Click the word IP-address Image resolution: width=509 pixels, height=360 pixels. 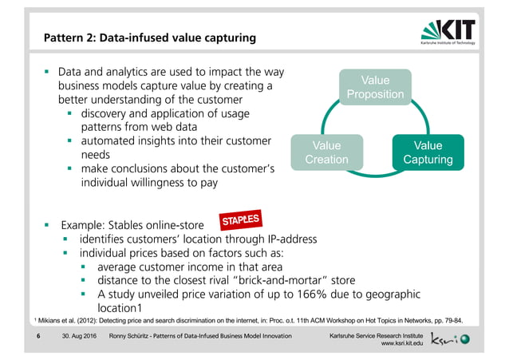point(290,239)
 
